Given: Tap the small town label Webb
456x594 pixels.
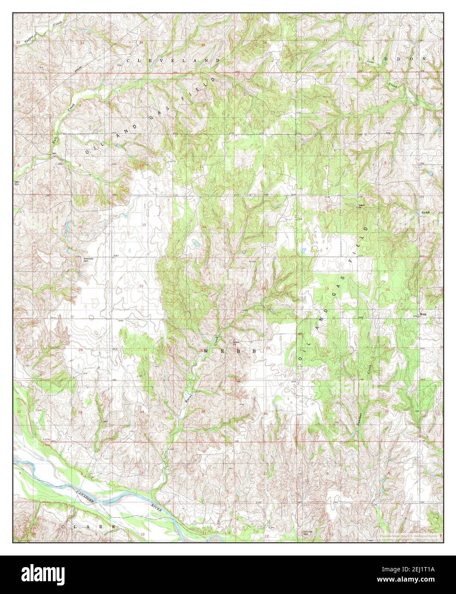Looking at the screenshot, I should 423,315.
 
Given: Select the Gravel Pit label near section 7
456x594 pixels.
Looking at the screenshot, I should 360,206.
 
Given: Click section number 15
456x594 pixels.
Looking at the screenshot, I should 144,225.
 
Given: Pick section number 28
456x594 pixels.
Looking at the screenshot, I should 80,350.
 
